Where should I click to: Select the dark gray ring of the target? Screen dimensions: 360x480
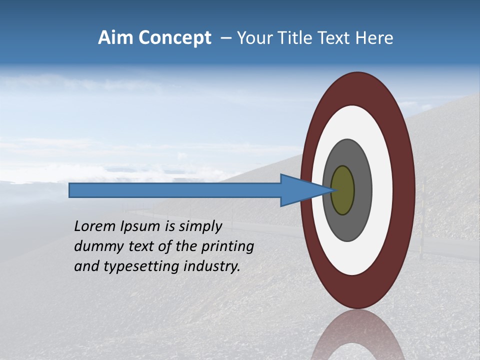362,190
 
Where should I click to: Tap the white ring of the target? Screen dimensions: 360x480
382,190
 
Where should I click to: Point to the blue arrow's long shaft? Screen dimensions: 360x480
175,190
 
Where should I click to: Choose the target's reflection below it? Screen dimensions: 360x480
357,335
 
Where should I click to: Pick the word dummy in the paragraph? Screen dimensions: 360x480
95,247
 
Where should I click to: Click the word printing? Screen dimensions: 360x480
227,247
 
